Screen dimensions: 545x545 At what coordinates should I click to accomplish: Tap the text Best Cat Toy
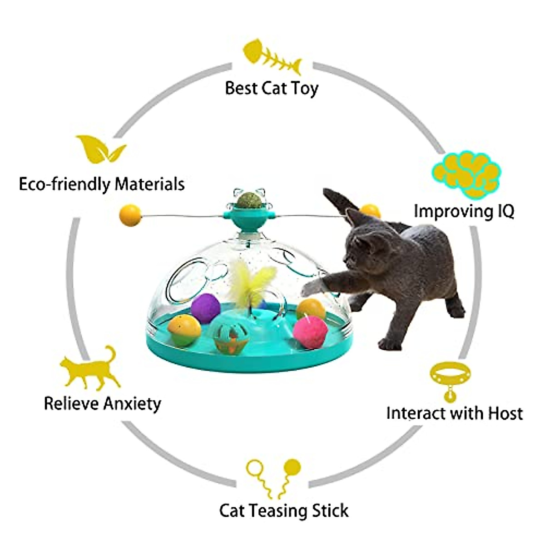point(272,88)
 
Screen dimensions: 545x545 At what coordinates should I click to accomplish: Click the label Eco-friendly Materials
point(102,184)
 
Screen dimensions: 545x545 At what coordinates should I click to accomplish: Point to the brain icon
point(465,173)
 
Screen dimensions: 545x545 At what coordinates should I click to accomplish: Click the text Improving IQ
point(464,211)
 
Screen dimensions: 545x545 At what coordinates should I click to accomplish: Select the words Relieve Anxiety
point(102,403)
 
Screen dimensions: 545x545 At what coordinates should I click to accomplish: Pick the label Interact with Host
point(454,413)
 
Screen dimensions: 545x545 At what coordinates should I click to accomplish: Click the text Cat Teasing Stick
point(283,510)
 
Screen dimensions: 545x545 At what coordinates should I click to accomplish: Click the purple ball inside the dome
point(206,307)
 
